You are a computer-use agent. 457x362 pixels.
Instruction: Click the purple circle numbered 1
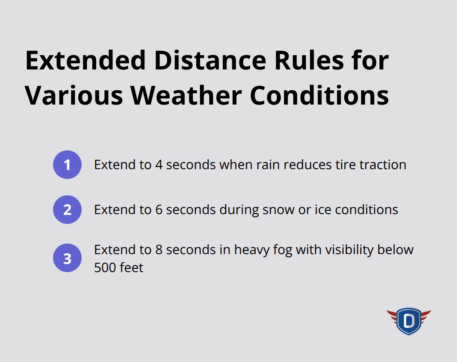[67, 165]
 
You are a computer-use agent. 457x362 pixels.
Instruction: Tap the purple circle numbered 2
[67, 210]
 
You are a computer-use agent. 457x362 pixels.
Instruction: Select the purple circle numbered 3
[67, 258]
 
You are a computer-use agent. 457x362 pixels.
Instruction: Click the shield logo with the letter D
[408, 321]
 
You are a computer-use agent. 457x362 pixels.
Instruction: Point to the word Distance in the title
[210, 60]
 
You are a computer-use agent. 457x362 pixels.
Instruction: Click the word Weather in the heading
[186, 96]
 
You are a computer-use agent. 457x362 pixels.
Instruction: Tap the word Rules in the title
[309, 60]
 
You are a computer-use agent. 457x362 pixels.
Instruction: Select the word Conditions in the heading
[319, 96]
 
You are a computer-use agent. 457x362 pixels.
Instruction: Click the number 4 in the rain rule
[159, 165]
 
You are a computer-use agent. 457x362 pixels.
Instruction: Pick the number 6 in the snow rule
[159, 210]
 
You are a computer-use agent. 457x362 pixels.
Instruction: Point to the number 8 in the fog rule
[159, 250]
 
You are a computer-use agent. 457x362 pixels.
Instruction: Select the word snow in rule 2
[278, 210]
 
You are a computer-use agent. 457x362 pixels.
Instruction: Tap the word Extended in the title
[85, 60]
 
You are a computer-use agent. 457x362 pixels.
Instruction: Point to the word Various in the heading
[74, 96]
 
